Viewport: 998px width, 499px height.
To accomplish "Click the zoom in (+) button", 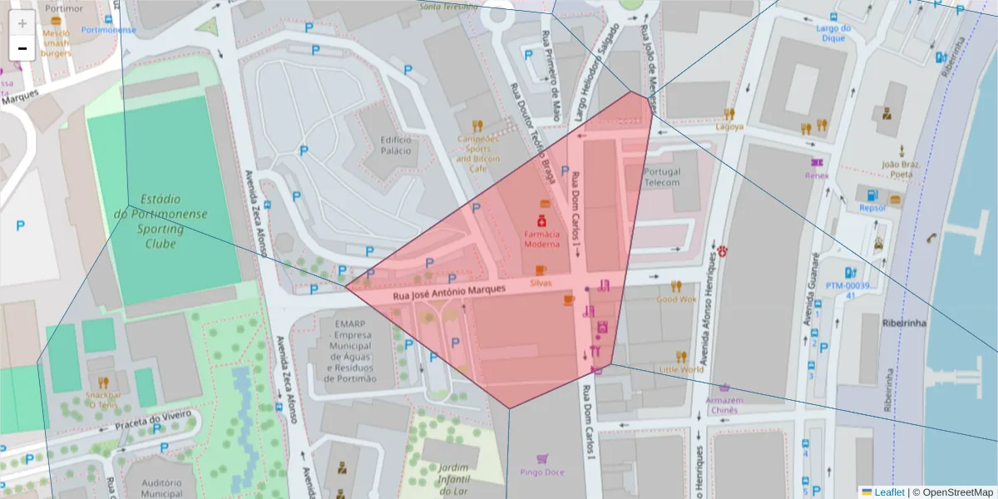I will click(x=22, y=23).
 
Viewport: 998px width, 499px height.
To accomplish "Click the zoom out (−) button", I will click(x=22, y=48).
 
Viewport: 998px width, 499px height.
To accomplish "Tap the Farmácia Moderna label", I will click(x=541, y=240).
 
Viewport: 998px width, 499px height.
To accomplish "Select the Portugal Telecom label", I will click(x=662, y=177).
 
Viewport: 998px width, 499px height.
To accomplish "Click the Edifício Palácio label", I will click(x=396, y=146).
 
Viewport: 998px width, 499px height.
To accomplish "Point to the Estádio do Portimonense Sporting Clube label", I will click(x=161, y=221).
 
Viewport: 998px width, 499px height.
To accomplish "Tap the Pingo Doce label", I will click(x=541, y=472).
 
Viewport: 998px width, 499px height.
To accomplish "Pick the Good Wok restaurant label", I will click(x=676, y=299).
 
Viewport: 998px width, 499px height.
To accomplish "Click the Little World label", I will click(x=681, y=369).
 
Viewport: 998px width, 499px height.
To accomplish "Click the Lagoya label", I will click(x=729, y=127).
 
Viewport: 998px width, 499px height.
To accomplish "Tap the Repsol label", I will click(x=872, y=208).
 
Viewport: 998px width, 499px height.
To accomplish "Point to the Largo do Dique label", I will click(x=834, y=32).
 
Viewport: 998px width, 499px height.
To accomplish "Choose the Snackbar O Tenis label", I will click(x=103, y=399).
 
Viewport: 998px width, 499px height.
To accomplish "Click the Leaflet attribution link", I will click(x=888, y=492).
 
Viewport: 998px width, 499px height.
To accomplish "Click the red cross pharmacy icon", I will click(x=541, y=221).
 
